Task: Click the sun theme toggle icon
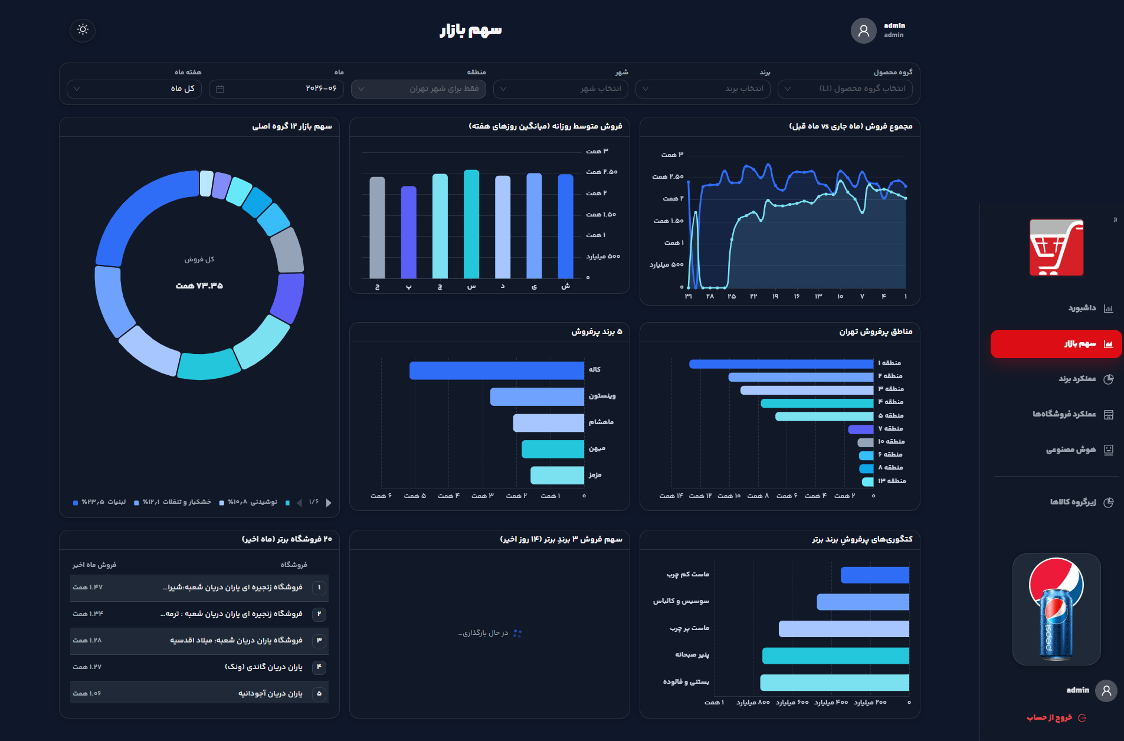(83, 29)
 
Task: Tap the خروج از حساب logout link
(1056, 717)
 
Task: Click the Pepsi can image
(1056, 609)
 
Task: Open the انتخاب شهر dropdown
(561, 88)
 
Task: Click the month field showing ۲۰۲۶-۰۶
(276, 88)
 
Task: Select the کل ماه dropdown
(134, 88)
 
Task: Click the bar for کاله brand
(497, 370)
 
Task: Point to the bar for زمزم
(557, 475)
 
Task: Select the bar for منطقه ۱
(781, 363)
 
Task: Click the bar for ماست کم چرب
(875, 575)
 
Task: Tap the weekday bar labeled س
(471, 224)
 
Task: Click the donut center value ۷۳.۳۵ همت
(199, 286)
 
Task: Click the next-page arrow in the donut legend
(329, 503)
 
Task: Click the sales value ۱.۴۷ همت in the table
(87, 587)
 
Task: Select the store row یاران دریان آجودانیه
(199, 693)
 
